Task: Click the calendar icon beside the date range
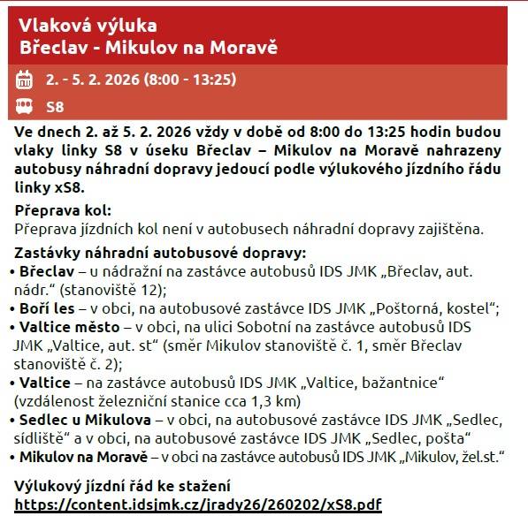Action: pyautogui.click(x=24, y=80)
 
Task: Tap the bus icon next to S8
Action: pyautogui.click(x=24, y=108)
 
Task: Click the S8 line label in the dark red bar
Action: pyautogui.click(x=54, y=108)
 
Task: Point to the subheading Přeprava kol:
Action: pyautogui.click(x=64, y=210)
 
